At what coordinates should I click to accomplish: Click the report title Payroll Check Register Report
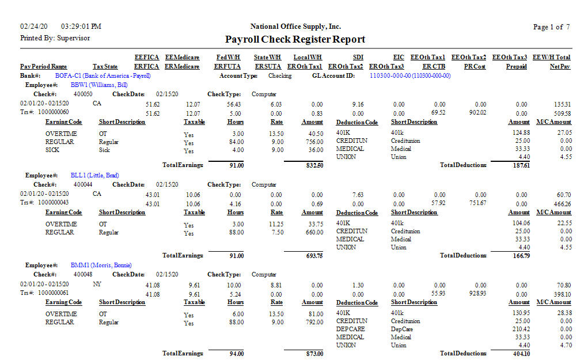295,39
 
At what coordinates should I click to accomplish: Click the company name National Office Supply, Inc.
295,26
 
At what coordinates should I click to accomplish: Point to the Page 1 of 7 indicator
552,27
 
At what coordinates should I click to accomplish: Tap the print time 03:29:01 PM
81,26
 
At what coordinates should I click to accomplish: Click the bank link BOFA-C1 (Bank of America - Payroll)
103,75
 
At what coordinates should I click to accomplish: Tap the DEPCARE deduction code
350,329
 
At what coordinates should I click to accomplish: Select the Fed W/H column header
228,58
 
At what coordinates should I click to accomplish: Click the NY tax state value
97,285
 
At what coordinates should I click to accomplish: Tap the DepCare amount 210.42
521,329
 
